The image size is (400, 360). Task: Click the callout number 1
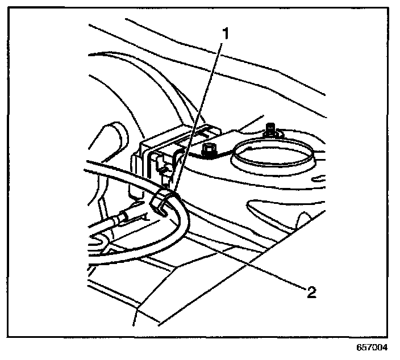point(226,33)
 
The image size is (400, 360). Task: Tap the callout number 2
point(310,292)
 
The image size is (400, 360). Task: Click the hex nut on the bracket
point(207,151)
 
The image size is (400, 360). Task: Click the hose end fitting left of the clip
point(122,218)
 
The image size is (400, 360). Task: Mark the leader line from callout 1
point(199,114)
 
